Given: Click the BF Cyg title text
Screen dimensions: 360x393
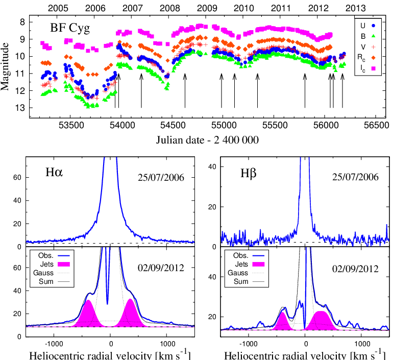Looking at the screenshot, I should pos(69,28).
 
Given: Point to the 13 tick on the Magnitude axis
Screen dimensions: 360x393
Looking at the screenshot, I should pos(35,108).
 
